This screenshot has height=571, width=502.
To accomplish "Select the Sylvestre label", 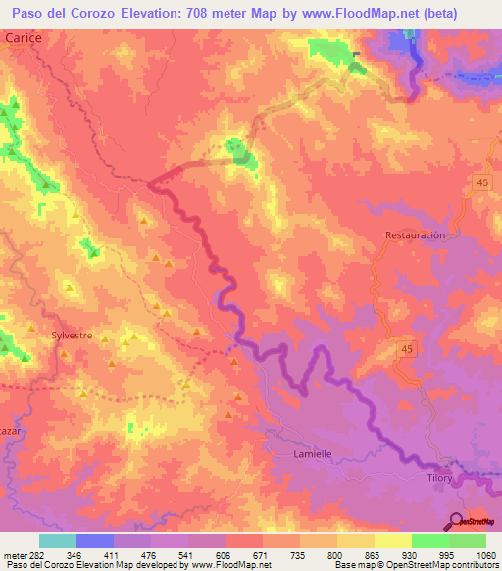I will pyautogui.click(x=72, y=336).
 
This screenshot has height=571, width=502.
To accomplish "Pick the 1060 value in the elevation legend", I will pyautogui.click(x=485, y=554).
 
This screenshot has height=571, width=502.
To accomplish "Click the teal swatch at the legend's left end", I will pyautogui.click(x=58, y=541).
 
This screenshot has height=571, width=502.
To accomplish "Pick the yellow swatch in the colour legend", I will pyautogui.click(x=393, y=541).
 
